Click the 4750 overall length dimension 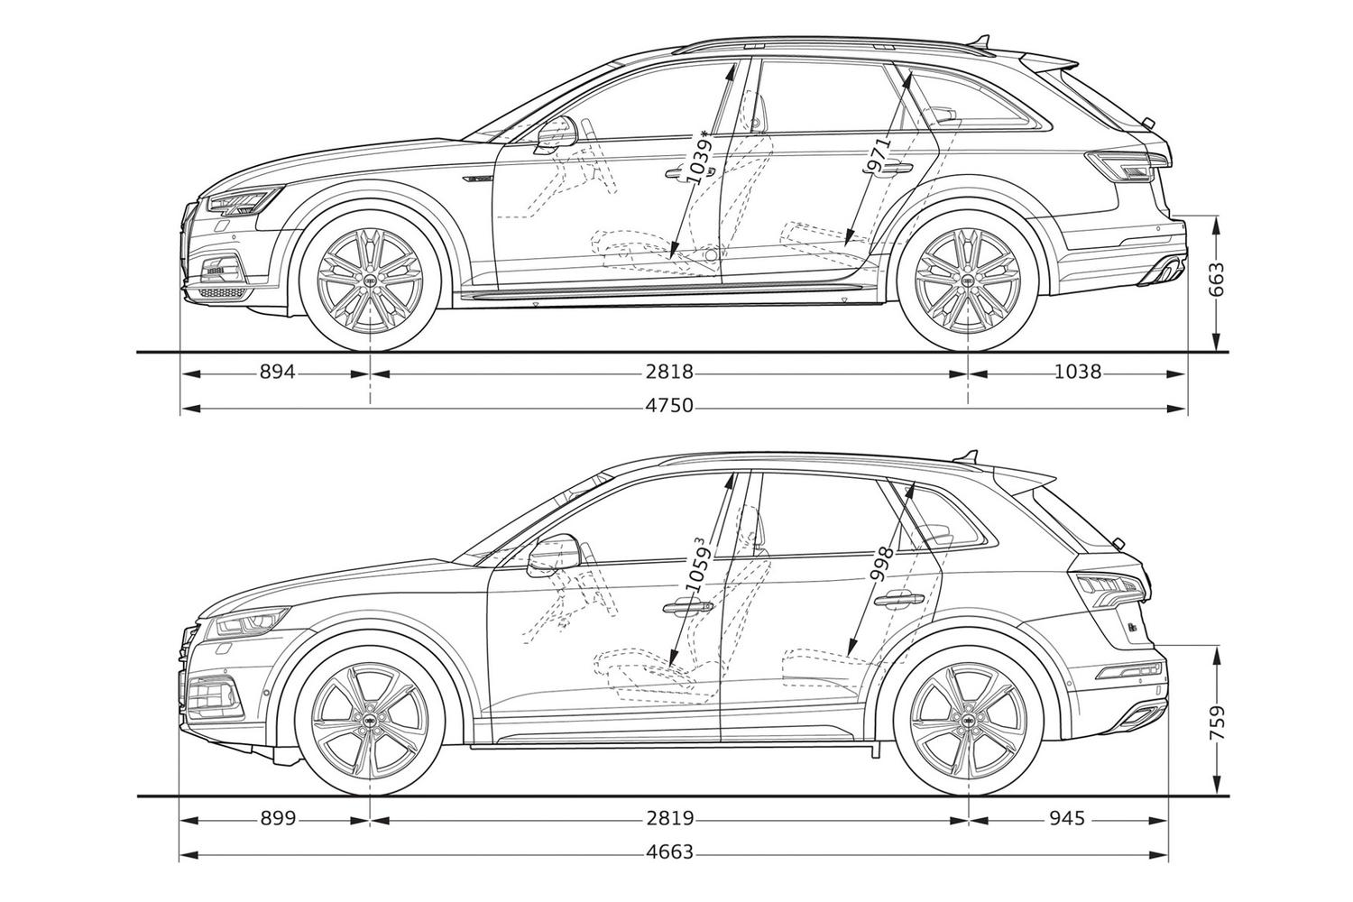point(669,405)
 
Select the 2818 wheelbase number point(669,372)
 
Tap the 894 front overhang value point(277,372)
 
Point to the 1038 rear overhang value point(1078,372)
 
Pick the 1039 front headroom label point(699,157)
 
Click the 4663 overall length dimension point(669,852)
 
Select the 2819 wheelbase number point(669,819)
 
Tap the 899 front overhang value point(278,819)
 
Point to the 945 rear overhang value point(1067,819)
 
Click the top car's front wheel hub point(370,281)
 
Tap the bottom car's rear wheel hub point(968,719)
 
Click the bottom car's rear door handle point(899,599)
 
